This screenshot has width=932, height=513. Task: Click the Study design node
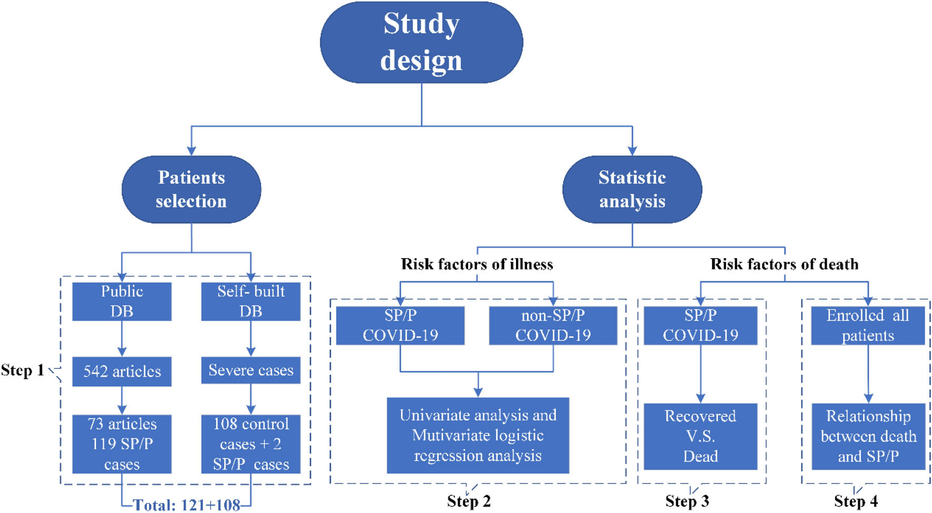pyautogui.click(x=421, y=42)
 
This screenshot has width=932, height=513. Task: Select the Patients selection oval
pyautogui.click(x=191, y=189)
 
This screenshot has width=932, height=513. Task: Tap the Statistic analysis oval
pyautogui.click(x=632, y=189)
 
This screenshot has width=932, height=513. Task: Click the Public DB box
pyautogui.click(x=122, y=301)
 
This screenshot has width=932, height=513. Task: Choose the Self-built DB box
pyautogui.click(x=251, y=301)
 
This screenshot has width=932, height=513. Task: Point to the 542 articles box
pyautogui.click(x=122, y=371)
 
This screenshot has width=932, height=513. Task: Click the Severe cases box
pyautogui.click(x=251, y=370)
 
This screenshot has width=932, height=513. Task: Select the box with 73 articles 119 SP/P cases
pyautogui.click(x=122, y=443)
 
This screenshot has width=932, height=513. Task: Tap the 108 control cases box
pyautogui.click(x=251, y=443)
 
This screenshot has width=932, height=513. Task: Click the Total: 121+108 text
pyautogui.click(x=186, y=505)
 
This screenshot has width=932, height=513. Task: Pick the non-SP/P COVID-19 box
pyautogui.click(x=553, y=325)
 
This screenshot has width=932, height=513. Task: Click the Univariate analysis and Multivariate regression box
pyautogui.click(x=478, y=435)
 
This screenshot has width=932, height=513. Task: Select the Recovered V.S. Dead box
pyautogui.click(x=700, y=436)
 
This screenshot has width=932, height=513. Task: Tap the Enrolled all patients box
pyautogui.click(x=868, y=325)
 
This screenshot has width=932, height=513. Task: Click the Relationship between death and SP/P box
pyautogui.click(x=868, y=436)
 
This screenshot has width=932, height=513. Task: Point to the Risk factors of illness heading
pyautogui.click(x=477, y=264)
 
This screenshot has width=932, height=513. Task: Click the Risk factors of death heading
pyautogui.click(x=784, y=264)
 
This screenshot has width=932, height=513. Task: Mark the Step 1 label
pyautogui.click(x=23, y=370)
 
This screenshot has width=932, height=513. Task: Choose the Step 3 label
pyautogui.click(x=687, y=501)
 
